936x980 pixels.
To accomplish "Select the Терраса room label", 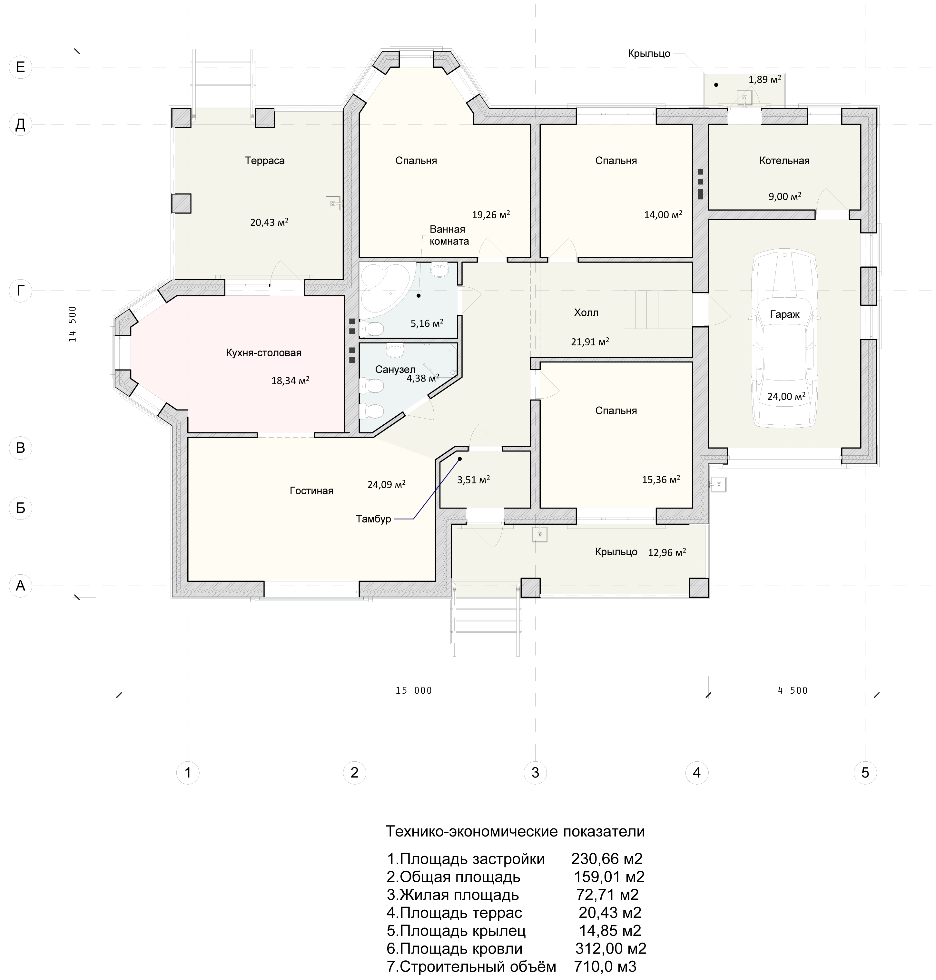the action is click(264, 161).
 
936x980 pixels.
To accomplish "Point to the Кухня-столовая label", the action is click(263, 353).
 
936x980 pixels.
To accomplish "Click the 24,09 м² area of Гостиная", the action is click(386, 484).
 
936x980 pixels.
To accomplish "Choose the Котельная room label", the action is click(784, 161).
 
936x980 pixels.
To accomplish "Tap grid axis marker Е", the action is click(20, 67).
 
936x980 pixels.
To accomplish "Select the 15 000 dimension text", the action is click(414, 691).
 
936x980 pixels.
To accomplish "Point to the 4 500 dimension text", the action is click(792, 691).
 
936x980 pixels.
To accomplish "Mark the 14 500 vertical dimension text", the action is click(73, 324).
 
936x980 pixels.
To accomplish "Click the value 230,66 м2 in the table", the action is click(607, 859).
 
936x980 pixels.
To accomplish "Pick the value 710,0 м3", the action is click(605, 966).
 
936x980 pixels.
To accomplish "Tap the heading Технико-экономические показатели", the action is click(516, 831).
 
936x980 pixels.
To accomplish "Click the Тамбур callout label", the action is click(373, 519).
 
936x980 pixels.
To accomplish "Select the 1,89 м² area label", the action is click(765, 79).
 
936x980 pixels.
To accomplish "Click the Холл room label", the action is click(586, 313).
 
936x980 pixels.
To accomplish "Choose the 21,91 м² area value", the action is click(590, 342).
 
